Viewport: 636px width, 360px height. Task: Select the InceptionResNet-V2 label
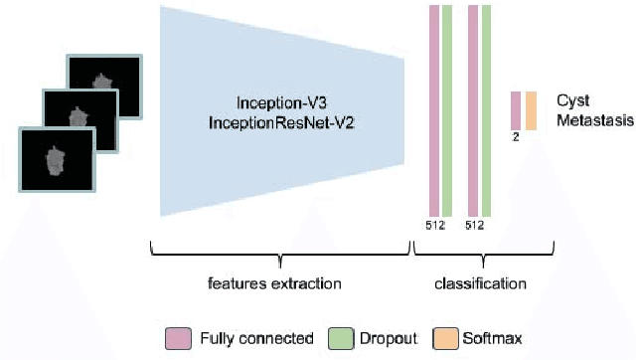tap(280, 121)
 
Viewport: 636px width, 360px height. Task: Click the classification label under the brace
tap(480, 284)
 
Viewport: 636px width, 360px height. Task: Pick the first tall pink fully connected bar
tap(432, 109)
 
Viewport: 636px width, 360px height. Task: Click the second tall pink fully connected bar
tap(473, 109)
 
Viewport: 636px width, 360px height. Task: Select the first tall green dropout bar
tap(447, 109)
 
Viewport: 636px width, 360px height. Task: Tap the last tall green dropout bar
tap(487, 109)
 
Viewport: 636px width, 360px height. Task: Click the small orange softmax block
tap(531, 109)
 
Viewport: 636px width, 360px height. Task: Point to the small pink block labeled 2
tap(516, 109)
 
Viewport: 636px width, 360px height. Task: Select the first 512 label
tap(434, 225)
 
